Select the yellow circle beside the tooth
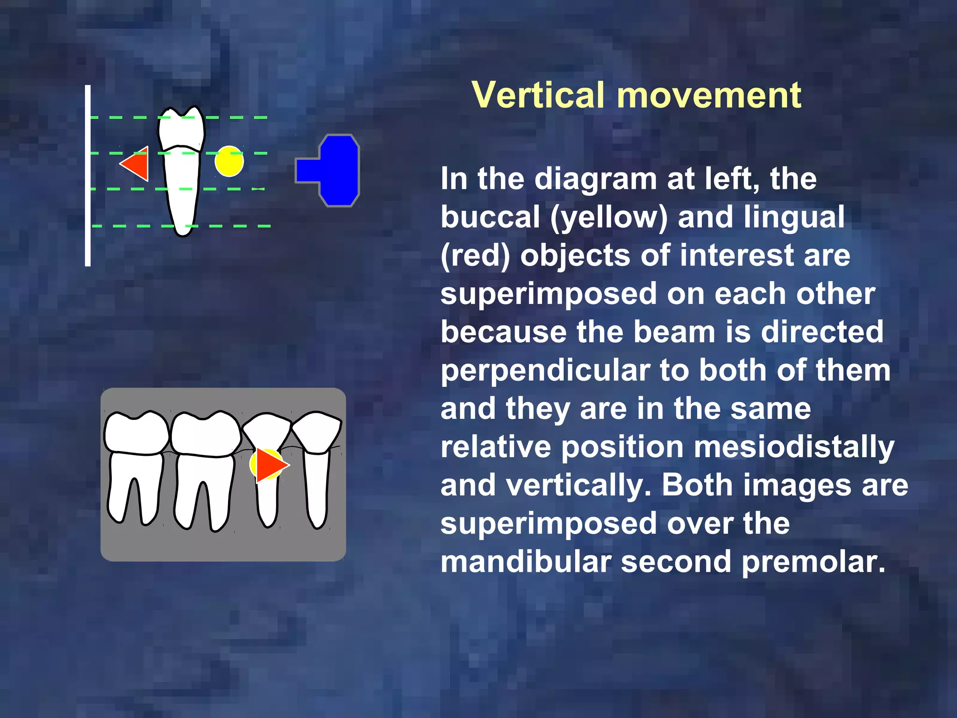point(229,161)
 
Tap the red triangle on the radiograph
point(270,464)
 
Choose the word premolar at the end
point(813,562)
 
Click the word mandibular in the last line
point(526,562)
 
